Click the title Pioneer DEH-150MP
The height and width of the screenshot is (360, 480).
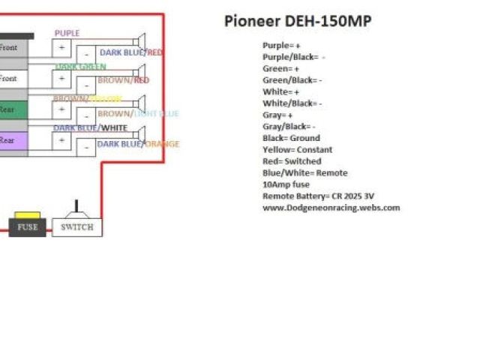click(x=297, y=21)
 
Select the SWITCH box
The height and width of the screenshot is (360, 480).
click(x=76, y=226)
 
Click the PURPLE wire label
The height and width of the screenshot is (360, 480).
click(x=67, y=34)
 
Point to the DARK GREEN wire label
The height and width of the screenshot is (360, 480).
click(x=80, y=67)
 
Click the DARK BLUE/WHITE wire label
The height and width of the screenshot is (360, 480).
click(x=90, y=127)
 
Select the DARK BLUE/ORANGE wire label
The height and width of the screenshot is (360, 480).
click(x=138, y=144)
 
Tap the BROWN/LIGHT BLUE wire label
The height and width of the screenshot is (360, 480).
click(x=138, y=114)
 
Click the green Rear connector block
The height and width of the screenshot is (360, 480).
click(x=13, y=109)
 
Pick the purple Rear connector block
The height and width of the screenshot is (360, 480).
click(x=13, y=140)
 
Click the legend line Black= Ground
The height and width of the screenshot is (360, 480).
click(x=291, y=138)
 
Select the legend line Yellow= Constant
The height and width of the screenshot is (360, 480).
click(x=297, y=149)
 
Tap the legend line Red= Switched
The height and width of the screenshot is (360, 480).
click(x=292, y=161)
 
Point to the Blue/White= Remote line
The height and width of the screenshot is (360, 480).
click(x=304, y=172)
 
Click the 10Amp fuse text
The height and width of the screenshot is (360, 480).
click(x=286, y=184)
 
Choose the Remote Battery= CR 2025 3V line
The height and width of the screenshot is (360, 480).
click(x=318, y=196)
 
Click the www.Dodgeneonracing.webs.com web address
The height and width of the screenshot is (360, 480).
click(x=331, y=208)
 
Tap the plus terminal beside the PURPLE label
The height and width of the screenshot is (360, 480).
click(x=61, y=47)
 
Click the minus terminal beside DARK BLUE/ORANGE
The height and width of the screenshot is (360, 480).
click(x=86, y=147)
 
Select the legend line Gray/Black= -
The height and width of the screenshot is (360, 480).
click(x=289, y=126)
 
